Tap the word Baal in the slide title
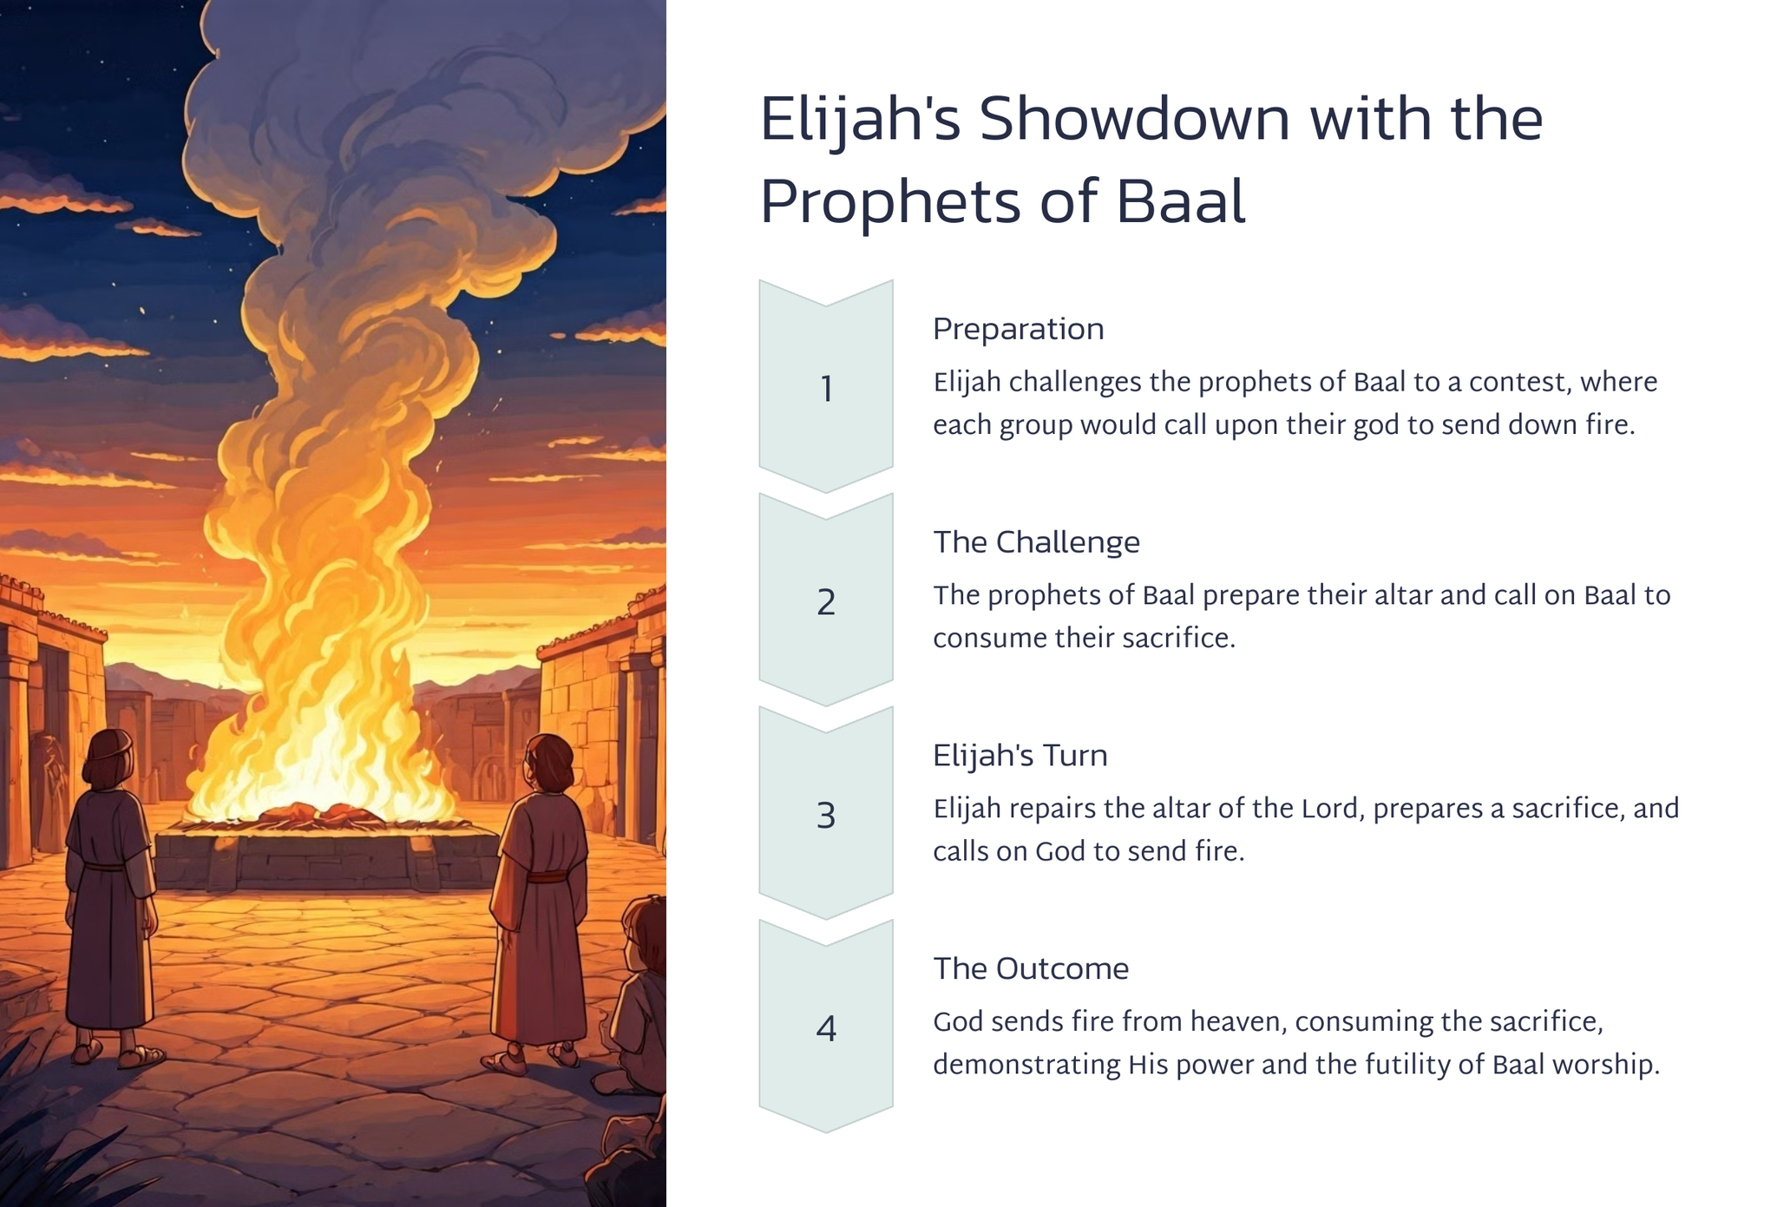(x=1180, y=202)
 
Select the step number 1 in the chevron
(x=827, y=389)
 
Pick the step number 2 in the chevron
(x=826, y=602)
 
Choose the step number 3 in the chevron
(x=826, y=816)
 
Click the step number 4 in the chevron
(x=826, y=1029)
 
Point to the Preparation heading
(x=1019, y=330)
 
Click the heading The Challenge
(x=1037, y=542)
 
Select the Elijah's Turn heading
(x=1020, y=756)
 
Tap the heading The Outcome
(x=1031, y=968)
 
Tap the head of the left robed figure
(x=108, y=759)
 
